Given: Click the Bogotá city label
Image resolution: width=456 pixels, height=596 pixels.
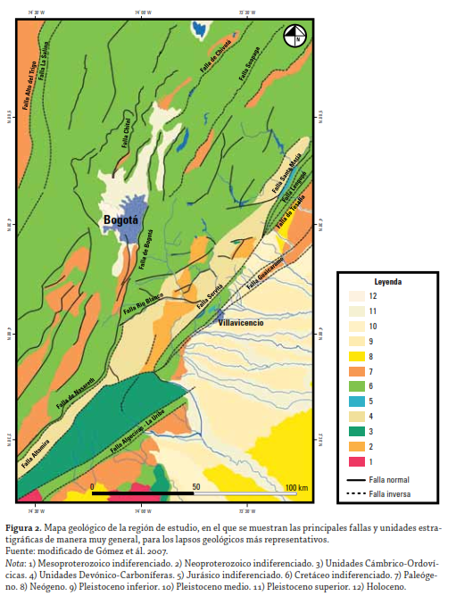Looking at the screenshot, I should [120, 219].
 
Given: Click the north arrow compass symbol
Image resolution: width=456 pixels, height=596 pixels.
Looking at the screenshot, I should [294, 37].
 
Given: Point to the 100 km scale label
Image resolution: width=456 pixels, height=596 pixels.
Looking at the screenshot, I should [296, 486].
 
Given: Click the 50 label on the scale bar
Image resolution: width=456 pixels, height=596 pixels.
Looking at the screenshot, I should [195, 486].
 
